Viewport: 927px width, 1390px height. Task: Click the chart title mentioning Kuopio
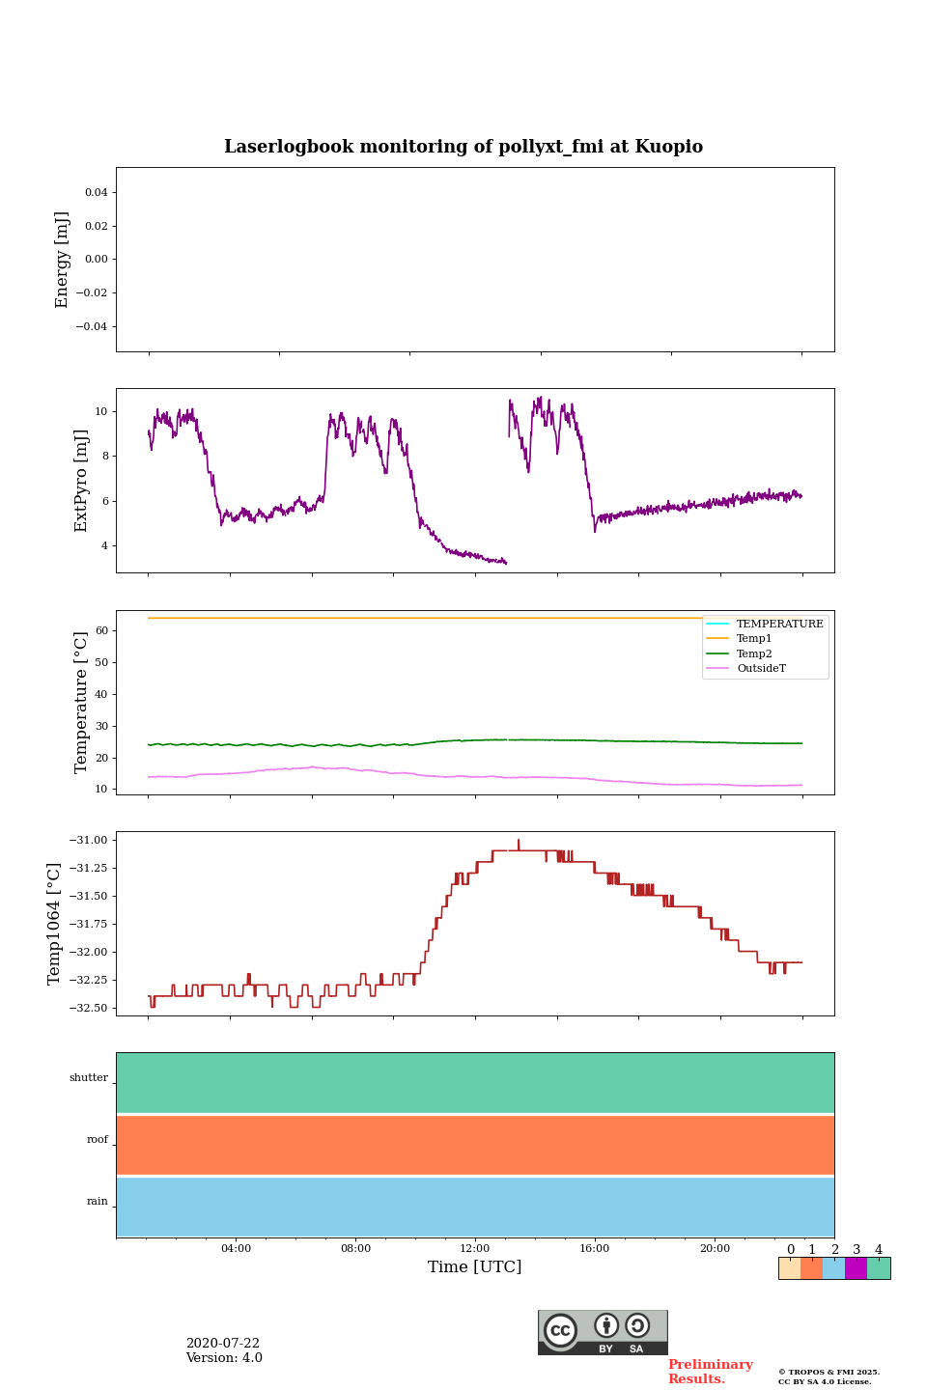(463, 147)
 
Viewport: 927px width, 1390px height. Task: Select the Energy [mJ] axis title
(63, 260)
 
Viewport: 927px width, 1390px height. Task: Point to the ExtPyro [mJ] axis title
(81, 481)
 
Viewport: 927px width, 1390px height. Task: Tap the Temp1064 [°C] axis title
(55, 924)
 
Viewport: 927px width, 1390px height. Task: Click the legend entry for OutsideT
(761, 669)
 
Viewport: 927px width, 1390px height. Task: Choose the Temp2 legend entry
(754, 653)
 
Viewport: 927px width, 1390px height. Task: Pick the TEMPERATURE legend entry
(779, 624)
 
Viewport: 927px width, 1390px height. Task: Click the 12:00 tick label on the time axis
(475, 1249)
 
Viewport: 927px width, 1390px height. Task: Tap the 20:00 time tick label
(715, 1249)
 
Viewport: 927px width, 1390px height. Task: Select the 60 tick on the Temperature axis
(100, 630)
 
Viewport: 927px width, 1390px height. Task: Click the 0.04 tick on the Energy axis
(96, 192)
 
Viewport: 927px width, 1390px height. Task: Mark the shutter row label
(89, 1078)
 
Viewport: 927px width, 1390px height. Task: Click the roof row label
(98, 1140)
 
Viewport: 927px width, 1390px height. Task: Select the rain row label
(98, 1202)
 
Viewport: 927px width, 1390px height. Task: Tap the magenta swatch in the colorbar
(856, 1268)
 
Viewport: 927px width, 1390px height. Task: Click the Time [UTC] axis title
(475, 1267)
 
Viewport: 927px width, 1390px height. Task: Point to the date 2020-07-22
(223, 1344)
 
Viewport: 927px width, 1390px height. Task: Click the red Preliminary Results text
(710, 1372)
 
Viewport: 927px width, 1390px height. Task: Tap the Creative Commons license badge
(603, 1332)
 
